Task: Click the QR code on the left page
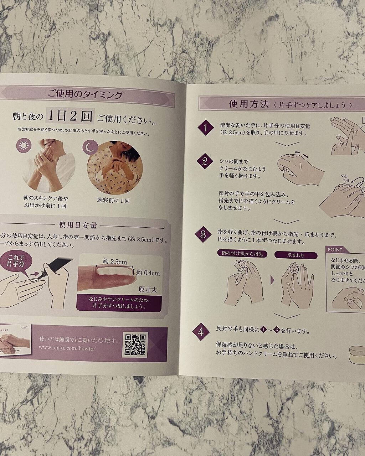click(135, 344)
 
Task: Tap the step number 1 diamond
click(206, 128)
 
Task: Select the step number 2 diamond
click(205, 161)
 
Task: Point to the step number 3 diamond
click(203, 235)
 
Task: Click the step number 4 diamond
click(201, 332)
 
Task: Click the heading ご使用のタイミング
click(86, 95)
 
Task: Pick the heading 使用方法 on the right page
click(249, 104)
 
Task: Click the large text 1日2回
click(70, 116)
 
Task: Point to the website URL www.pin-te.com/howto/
click(67, 348)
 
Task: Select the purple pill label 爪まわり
click(295, 255)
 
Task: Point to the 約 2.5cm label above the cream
click(114, 262)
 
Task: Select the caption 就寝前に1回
click(113, 201)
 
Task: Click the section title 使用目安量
click(78, 225)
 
